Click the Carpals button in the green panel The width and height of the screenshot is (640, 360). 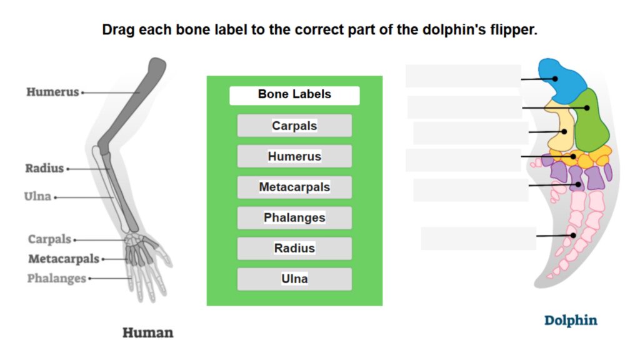point(294,126)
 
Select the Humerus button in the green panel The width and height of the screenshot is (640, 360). point(294,156)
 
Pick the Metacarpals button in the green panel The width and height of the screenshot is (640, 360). point(294,187)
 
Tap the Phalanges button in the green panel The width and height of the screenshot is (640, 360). point(294,217)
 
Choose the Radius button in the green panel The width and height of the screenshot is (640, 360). point(294,248)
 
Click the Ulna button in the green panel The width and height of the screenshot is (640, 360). point(294,279)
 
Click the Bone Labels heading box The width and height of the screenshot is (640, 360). point(294,95)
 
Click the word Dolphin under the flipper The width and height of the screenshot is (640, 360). point(571,321)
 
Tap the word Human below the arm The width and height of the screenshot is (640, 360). point(147,332)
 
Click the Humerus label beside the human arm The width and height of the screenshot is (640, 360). point(52,92)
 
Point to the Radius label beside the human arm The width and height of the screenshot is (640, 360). point(44,168)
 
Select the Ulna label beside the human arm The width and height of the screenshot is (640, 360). point(37,197)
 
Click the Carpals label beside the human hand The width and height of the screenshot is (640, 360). point(49,239)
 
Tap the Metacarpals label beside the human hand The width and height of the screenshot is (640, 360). point(63,259)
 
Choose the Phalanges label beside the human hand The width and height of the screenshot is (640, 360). point(56,278)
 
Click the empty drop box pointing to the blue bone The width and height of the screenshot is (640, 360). point(463,76)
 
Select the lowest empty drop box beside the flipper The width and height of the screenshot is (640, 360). point(478,238)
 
